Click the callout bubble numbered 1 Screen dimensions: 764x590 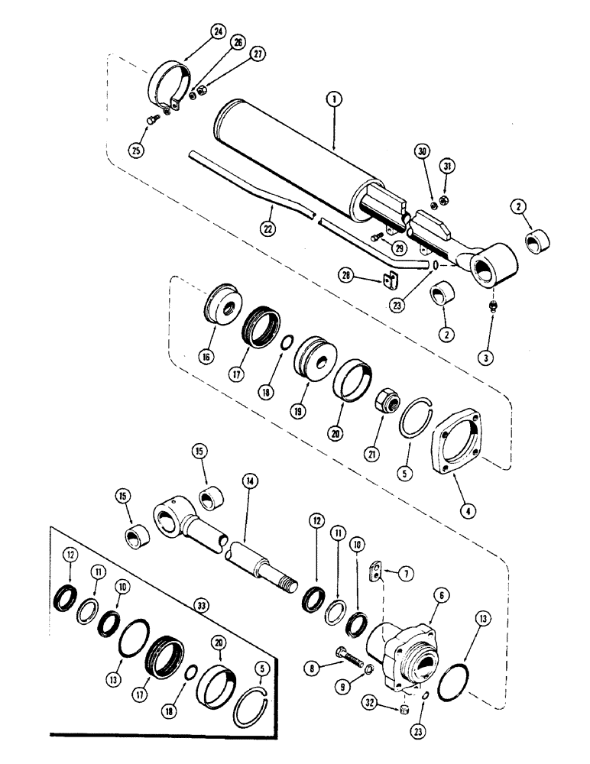[x=333, y=99]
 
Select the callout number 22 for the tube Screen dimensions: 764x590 [x=268, y=227]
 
